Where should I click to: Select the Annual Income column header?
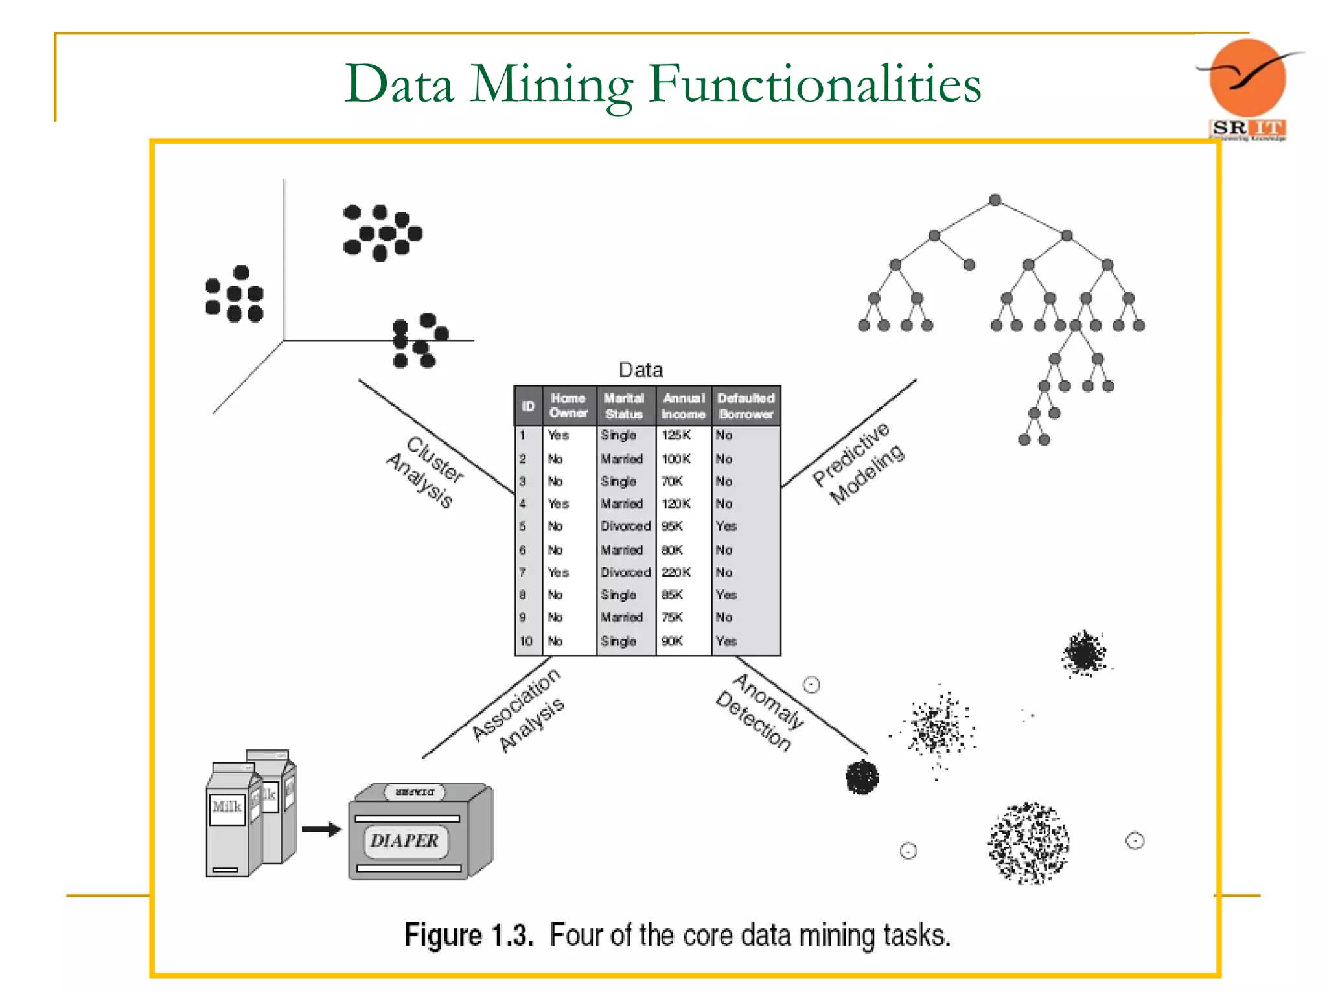[683, 406]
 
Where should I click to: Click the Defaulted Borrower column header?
[746, 406]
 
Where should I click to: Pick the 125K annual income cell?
[676, 435]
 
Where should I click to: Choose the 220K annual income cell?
[676, 573]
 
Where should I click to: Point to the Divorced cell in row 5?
[625, 526]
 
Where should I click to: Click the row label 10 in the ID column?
[525, 641]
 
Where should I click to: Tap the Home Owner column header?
[568, 406]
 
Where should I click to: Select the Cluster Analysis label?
[426, 472]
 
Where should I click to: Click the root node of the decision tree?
[995, 200]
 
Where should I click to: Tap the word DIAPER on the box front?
[404, 841]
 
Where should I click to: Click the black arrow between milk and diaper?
[321, 829]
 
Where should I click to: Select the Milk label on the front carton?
[227, 806]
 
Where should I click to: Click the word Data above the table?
[641, 370]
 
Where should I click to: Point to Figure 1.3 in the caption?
[468, 935]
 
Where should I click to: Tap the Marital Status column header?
[623, 406]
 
